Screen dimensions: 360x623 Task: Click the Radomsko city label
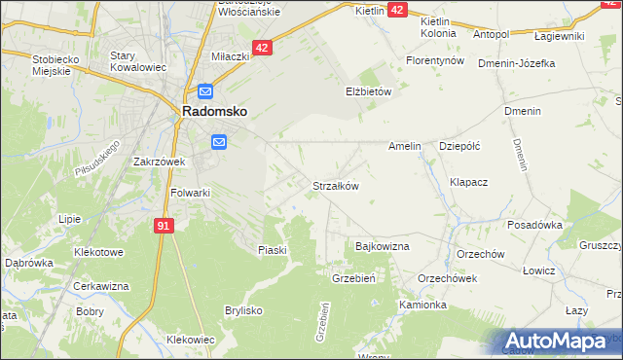[x=213, y=112]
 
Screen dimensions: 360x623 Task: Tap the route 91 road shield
[x=164, y=226]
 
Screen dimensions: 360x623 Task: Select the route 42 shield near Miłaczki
[x=262, y=47]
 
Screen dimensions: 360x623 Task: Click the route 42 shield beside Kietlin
[x=397, y=9]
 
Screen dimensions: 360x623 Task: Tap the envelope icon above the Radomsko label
[x=205, y=92]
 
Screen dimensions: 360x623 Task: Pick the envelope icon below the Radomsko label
[x=218, y=143]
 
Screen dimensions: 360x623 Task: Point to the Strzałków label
[x=336, y=185]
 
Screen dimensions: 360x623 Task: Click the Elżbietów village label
[x=368, y=91]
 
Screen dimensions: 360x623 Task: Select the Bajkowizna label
[x=383, y=246]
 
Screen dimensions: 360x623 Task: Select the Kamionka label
[x=422, y=305]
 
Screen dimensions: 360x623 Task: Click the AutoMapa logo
[x=557, y=342]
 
